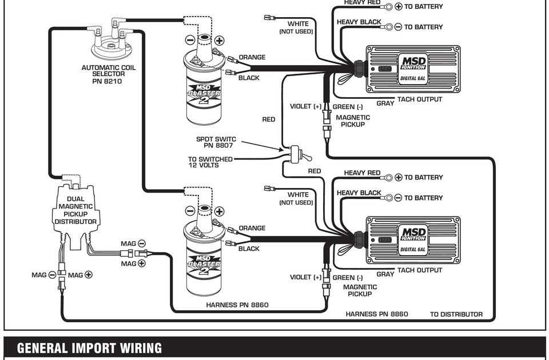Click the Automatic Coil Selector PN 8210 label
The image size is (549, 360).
(109, 74)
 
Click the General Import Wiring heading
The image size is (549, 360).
(89, 348)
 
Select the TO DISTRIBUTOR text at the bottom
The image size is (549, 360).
(456, 314)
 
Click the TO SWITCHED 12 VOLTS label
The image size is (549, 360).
(210, 162)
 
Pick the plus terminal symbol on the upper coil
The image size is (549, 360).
(219, 40)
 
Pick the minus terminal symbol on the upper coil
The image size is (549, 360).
(189, 40)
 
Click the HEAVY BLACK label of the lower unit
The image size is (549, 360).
(359, 193)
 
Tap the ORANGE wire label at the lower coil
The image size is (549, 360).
(252, 228)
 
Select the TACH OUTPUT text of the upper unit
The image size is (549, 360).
(420, 99)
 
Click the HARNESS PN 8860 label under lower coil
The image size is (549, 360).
(237, 305)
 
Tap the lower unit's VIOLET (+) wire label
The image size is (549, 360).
(306, 277)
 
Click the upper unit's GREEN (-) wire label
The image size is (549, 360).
(348, 106)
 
